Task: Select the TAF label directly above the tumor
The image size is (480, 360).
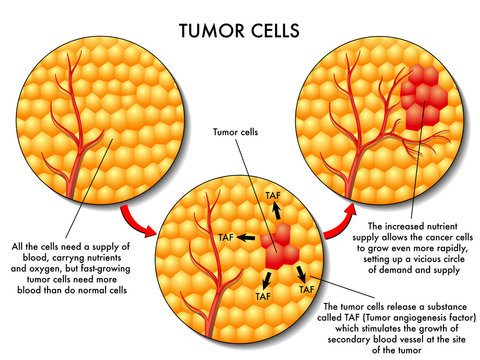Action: tap(271, 190)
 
